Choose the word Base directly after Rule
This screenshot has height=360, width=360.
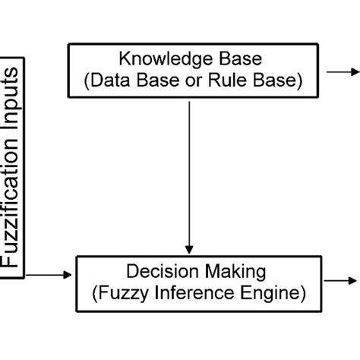(270, 80)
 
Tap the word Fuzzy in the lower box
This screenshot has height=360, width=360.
(118, 291)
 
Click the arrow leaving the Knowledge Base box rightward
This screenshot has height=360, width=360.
(346, 71)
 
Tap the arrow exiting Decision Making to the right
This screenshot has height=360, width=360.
(346, 280)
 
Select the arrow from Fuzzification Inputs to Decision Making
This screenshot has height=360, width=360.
(52, 274)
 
